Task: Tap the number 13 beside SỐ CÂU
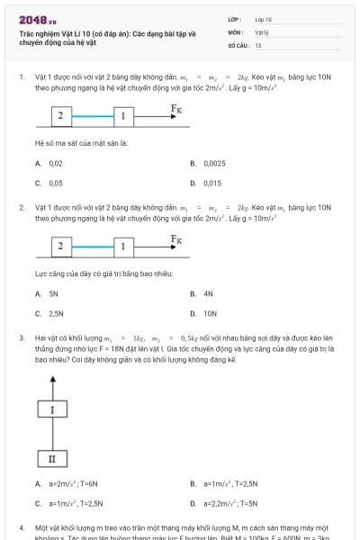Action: (258, 45)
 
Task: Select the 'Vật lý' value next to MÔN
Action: (262, 31)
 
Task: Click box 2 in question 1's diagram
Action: (60, 116)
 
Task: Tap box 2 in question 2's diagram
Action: (60, 246)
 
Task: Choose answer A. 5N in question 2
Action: (49, 294)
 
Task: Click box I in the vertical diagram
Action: (52, 409)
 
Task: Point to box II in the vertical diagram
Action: (52, 459)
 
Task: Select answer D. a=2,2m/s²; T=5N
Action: (225, 504)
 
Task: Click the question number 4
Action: (22, 526)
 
